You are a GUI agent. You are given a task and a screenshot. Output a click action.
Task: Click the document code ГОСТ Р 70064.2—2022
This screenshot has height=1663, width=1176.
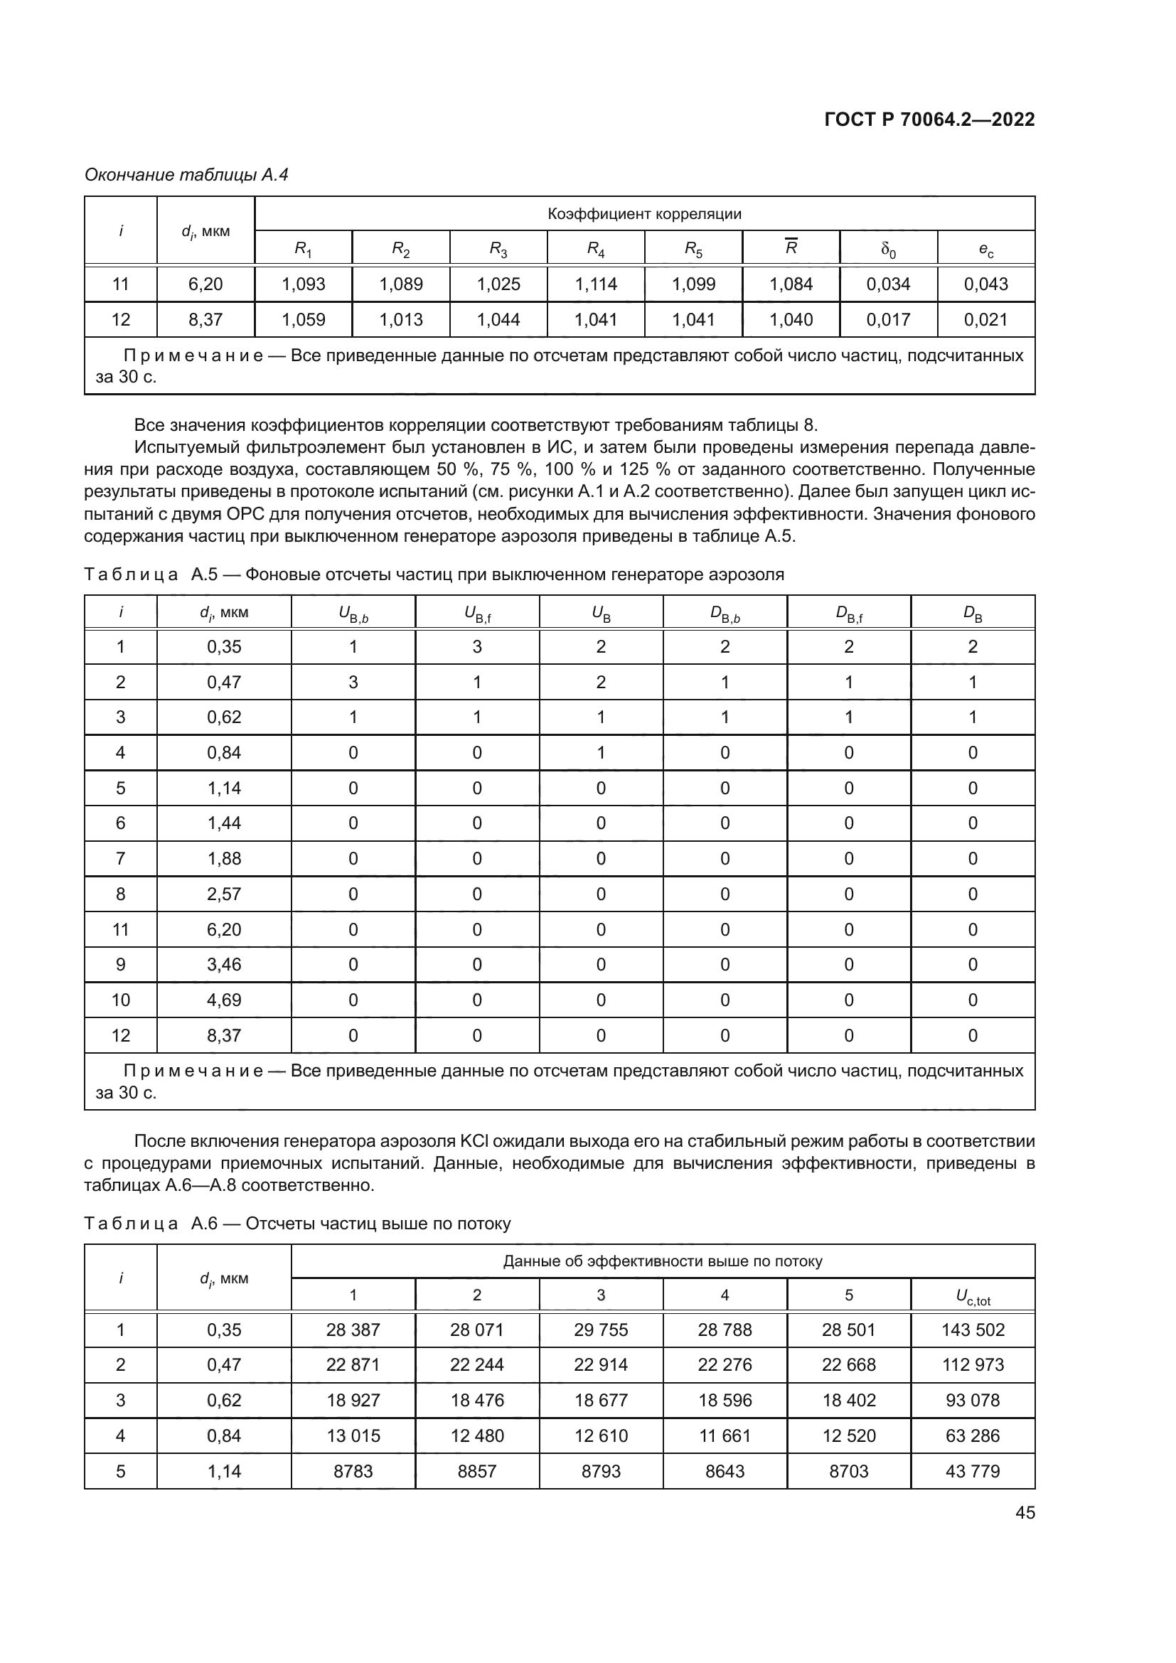(929, 119)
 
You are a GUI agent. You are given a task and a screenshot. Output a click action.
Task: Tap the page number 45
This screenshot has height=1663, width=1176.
(1025, 1512)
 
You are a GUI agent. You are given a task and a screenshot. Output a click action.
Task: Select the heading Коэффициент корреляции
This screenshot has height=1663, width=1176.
(643, 214)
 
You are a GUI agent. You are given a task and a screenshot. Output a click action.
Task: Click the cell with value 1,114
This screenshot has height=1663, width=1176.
(595, 284)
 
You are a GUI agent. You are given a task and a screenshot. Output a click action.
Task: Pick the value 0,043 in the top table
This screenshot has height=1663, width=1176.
(985, 284)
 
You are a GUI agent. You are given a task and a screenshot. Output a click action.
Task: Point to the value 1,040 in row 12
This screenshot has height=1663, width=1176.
(791, 319)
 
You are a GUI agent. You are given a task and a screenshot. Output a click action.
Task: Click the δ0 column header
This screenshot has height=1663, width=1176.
(888, 249)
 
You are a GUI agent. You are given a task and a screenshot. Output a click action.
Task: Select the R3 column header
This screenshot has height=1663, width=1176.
(498, 249)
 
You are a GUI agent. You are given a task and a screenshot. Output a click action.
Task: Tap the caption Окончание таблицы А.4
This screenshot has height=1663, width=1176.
(186, 175)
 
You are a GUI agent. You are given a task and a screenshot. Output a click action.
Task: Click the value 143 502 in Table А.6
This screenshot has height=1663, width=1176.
(973, 1330)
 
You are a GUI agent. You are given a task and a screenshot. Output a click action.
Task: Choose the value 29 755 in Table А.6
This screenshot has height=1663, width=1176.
(600, 1330)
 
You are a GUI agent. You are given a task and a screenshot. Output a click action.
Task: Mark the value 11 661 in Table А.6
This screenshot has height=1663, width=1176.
(724, 1435)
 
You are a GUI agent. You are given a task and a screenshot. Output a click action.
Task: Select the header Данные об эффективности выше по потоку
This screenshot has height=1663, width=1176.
(662, 1261)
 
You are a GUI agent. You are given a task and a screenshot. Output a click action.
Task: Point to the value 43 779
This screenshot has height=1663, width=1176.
(973, 1471)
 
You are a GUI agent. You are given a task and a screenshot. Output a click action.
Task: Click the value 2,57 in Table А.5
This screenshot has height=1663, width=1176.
(224, 894)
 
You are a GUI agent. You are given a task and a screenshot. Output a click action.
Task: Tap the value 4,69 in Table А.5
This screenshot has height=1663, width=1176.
(224, 1000)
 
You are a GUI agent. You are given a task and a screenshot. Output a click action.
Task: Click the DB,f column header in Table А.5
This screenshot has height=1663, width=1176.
(848, 614)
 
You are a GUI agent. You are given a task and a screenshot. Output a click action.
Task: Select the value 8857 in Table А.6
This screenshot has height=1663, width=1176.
(476, 1471)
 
